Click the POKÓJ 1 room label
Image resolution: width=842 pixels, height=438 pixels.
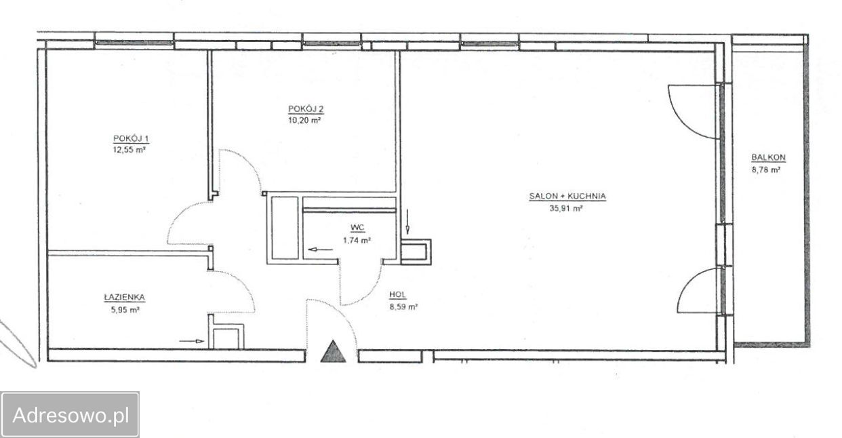click(x=132, y=138)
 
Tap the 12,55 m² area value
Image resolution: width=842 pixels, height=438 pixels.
click(x=129, y=150)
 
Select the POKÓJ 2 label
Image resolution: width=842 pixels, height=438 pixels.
click(x=306, y=109)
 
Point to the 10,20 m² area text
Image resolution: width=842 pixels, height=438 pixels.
click(x=304, y=121)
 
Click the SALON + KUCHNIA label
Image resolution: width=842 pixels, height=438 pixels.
click(x=567, y=196)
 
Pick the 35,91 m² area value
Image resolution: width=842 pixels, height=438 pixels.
click(x=565, y=208)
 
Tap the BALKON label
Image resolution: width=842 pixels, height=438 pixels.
click(x=768, y=157)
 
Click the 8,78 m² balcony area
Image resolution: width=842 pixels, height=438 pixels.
click(x=766, y=170)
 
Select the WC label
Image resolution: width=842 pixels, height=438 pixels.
click(x=357, y=227)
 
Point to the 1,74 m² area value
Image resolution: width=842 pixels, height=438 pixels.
click(x=357, y=240)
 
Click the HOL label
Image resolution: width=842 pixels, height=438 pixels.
click(x=398, y=295)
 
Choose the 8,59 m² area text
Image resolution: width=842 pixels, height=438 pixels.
click(x=403, y=306)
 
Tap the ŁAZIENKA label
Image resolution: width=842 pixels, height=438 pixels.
click(x=125, y=297)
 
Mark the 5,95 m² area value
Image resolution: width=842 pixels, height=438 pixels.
click(x=125, y=310)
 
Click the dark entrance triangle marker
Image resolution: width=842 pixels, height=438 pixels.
click(x=333, y=351)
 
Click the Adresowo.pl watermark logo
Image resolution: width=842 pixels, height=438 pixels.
click(x=71, y=415)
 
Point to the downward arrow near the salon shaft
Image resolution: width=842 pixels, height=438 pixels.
click(x=407, y=222)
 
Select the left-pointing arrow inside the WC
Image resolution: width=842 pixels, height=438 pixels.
click(x=320, y=250)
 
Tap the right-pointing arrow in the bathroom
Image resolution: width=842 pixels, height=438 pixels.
click(x=192, y=341)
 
